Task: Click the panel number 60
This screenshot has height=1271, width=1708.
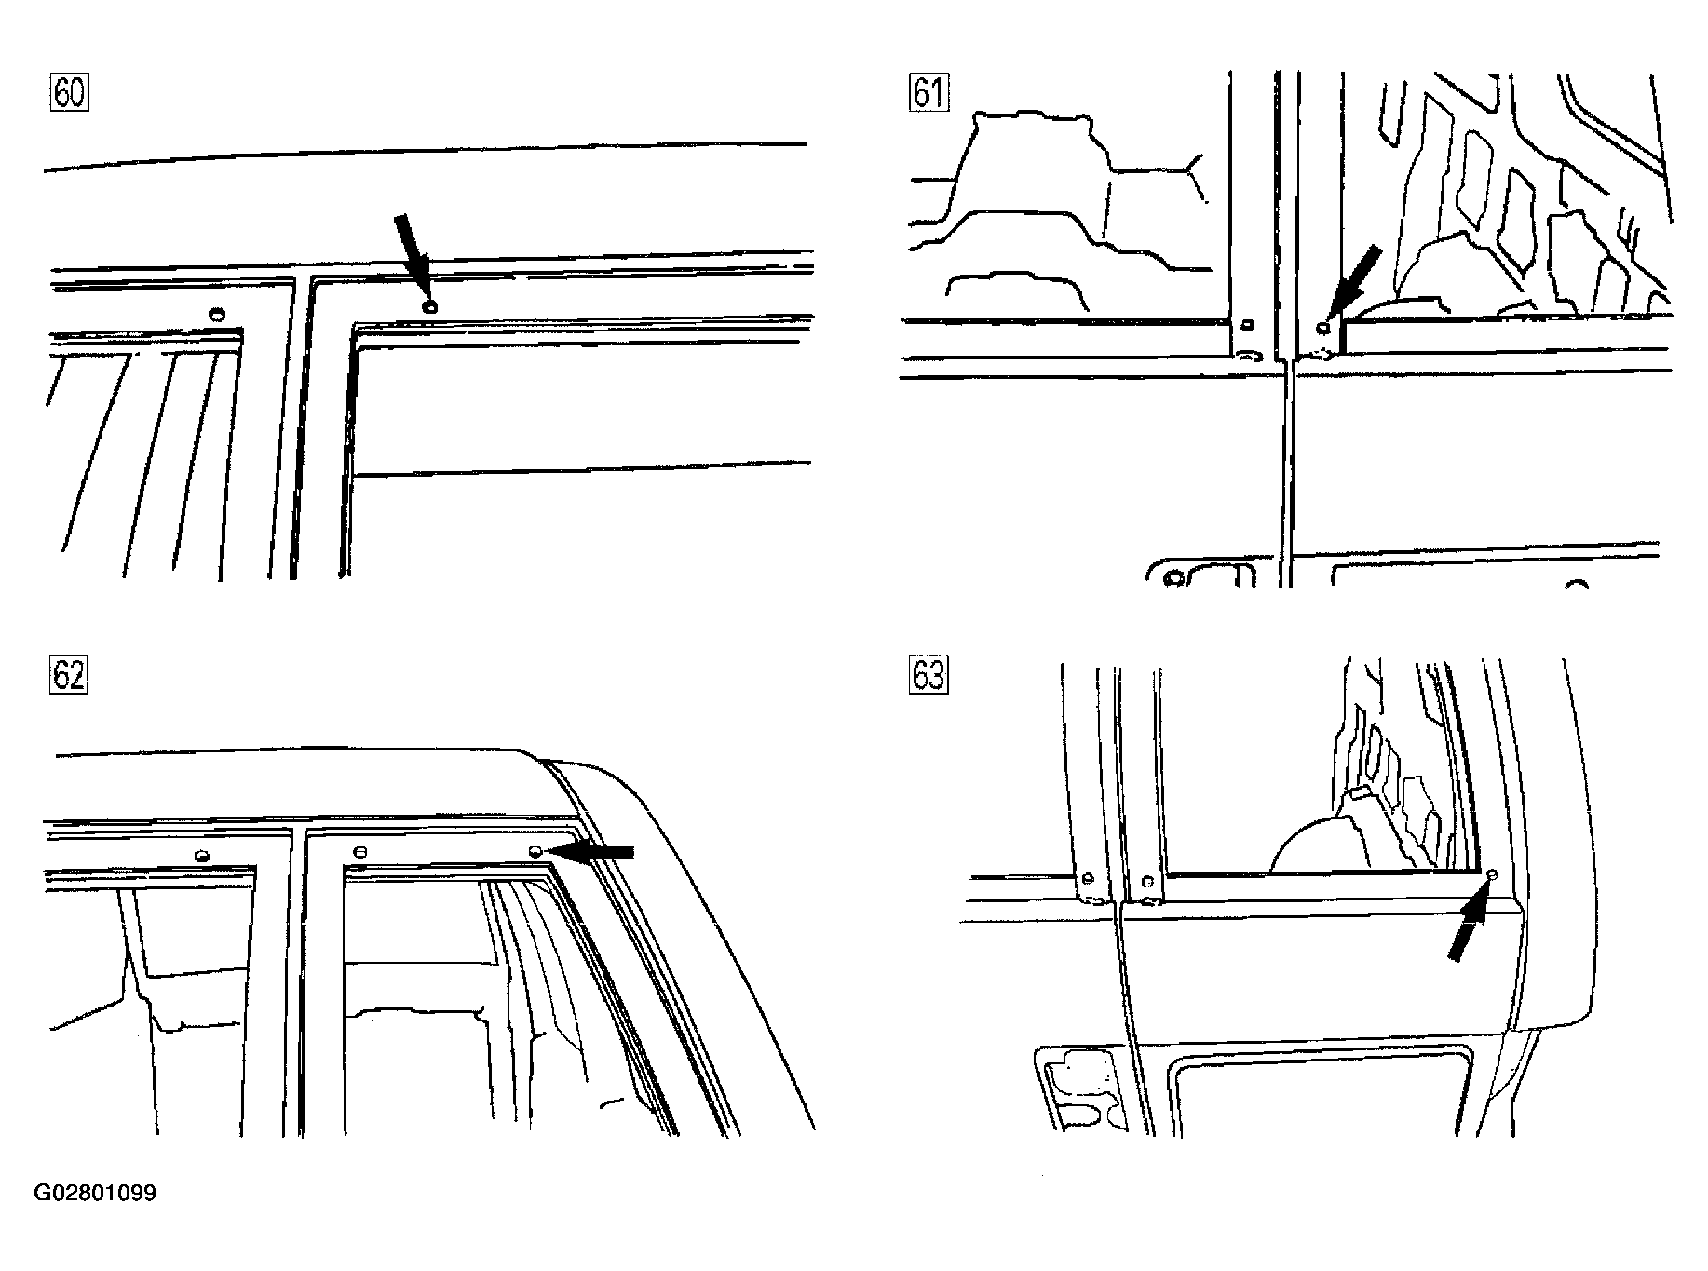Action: (x=69, y=93)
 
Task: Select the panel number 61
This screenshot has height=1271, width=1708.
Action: (x=927, y=93)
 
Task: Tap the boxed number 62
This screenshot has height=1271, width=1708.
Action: (x=69, y=675)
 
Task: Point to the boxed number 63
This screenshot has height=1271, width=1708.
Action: (x=927, y=675)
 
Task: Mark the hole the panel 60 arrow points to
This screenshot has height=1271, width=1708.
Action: (x=428, y=306)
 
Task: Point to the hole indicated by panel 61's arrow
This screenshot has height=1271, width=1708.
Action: (x=1323, y=326)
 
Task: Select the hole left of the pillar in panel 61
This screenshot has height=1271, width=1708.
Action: (x=1248, y=326)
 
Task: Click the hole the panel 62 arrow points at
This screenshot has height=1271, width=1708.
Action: (x=535, y=851)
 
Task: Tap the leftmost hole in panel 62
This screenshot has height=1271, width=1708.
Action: (x=200, y=856)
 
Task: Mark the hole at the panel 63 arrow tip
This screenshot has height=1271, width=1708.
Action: (x=1492, y=874)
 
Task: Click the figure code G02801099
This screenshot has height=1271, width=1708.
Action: (x=96, y=1193)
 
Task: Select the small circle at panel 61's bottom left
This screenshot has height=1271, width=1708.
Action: (x=1174, y=578)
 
